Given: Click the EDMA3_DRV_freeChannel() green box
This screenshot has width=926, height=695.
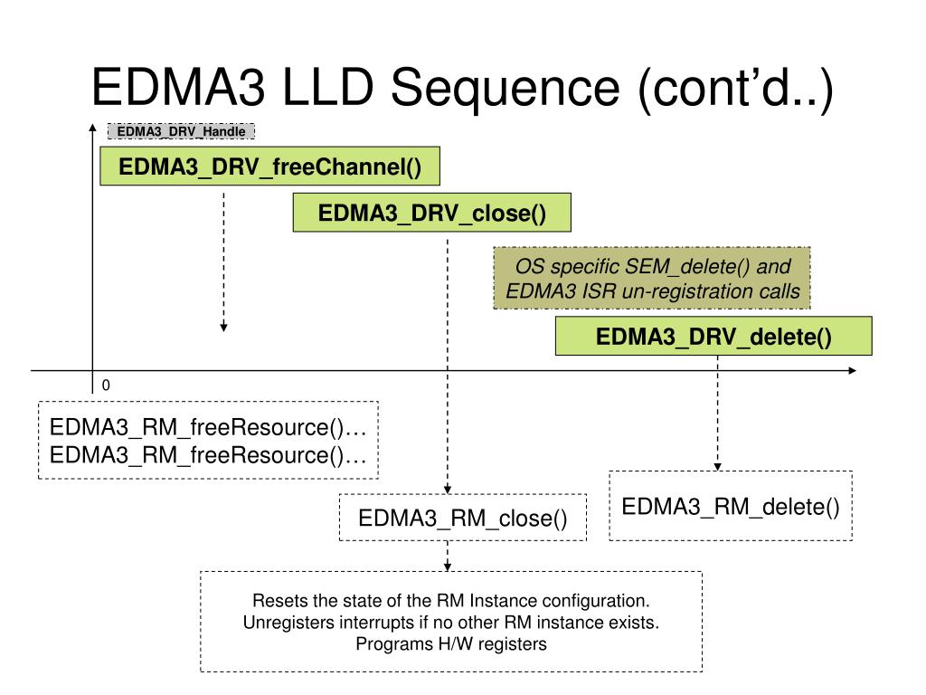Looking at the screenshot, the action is (269, 167).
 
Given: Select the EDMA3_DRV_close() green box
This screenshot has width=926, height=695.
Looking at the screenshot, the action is (431, 212).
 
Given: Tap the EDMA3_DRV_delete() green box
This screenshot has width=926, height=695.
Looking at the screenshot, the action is (713, 336).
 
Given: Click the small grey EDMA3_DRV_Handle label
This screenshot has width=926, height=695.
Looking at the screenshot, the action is (181, 131).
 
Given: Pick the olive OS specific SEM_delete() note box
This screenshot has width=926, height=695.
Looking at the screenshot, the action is (652, 279).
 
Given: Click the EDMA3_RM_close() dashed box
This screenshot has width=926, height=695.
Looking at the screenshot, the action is (463, 518).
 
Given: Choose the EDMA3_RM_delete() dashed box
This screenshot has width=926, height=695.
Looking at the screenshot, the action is (731, 506).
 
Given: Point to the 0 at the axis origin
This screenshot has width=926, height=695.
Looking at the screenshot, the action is (106, 386).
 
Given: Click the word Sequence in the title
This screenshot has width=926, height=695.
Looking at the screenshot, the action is (505, 88).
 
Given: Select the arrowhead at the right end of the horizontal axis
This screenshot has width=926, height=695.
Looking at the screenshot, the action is (852, 370).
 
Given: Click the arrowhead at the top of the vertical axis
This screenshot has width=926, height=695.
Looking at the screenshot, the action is (93, 127).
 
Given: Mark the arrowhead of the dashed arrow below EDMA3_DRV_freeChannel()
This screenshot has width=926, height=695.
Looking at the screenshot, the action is (224, 328).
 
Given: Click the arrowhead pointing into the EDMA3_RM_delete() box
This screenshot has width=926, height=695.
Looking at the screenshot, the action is (717, 467).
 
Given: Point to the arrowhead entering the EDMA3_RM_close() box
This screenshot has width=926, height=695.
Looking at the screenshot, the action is (448, 490).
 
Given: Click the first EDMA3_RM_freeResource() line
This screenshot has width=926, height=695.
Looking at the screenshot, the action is (208, 427).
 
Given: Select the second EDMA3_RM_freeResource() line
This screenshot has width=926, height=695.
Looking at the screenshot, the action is (208, 455).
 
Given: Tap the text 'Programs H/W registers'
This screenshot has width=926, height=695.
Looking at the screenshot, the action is (451, 643).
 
